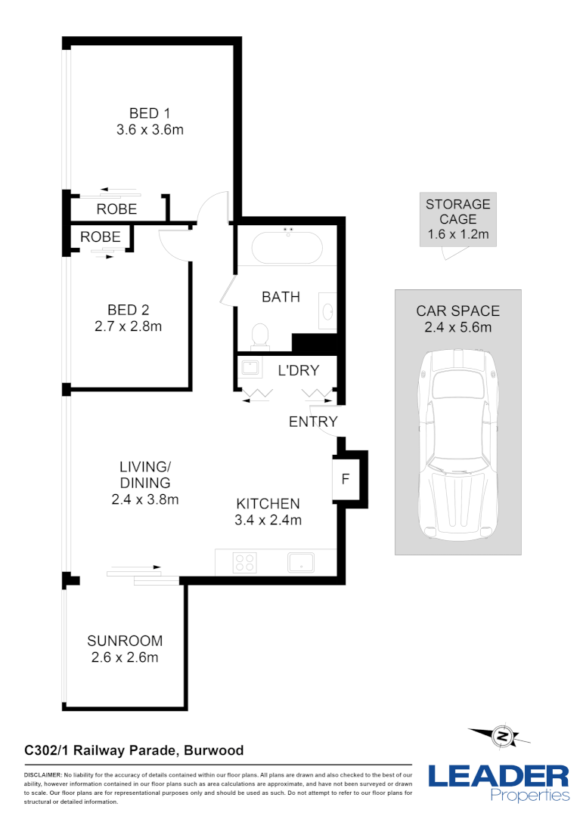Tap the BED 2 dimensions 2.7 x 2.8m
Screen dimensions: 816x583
click(128, 326)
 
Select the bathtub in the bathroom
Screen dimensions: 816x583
click(287, 249)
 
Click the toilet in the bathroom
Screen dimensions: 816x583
click(260, 335)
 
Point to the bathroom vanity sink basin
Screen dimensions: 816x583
click(328, 312)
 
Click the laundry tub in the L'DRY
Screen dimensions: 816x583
click(250, 369)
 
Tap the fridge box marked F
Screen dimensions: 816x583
click(346, 479)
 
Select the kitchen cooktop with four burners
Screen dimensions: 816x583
click(244, 562)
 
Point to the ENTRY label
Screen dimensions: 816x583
click(313, 422)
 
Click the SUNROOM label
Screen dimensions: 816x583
click(124, 641)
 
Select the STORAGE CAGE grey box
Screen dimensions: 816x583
click(457, 219)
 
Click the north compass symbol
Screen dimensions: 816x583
click(500, 735)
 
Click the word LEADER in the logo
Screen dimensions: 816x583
click(498, 777)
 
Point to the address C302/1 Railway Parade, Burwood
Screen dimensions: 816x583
click(134, 750)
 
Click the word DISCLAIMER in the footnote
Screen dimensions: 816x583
click(42, 775)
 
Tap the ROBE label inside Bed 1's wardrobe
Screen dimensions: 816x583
click(116, 209)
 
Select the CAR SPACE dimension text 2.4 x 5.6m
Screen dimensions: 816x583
click(457, 327)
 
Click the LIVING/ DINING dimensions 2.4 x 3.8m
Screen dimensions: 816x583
click(144, 499)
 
